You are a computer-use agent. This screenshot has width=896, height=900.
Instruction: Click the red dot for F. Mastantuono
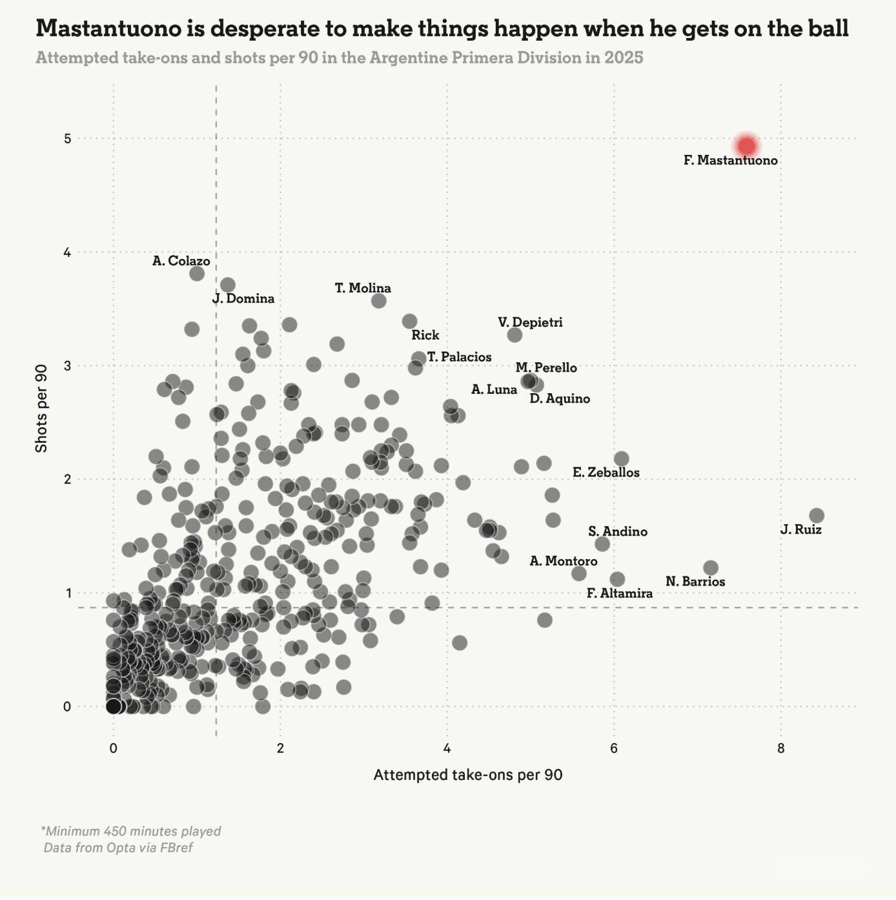[746, 146]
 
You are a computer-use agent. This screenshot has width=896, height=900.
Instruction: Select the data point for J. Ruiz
[817, 515]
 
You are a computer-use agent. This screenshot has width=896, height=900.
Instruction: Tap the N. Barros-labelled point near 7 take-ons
[711, 568]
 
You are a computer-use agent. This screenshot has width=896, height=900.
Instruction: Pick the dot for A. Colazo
[197, 273]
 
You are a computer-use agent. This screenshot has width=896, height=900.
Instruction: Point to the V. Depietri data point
[514, 335]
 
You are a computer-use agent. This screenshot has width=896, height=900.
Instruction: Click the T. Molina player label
[363, 288]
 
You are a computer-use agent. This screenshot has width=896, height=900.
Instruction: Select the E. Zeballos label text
[606, 473]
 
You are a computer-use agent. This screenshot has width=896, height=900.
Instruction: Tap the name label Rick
[425, 335]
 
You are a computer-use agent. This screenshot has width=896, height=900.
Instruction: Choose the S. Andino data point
[602, 544]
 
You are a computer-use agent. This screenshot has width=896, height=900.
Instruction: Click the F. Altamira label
[620, 593]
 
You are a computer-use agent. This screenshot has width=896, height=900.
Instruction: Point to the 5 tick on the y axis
[67, 139]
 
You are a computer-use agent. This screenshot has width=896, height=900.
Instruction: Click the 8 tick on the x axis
[781, 749]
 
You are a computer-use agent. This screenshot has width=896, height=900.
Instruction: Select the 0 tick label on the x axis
[114, 749]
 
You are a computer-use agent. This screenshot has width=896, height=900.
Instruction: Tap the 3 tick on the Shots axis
[67, 366]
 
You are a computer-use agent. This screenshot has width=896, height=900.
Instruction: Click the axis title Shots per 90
[41, 409]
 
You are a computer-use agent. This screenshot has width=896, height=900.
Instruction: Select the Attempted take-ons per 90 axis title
[468, 775]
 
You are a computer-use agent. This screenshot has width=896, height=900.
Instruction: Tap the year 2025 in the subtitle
[624, 58]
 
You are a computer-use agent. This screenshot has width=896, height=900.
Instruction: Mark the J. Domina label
[243, 299]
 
